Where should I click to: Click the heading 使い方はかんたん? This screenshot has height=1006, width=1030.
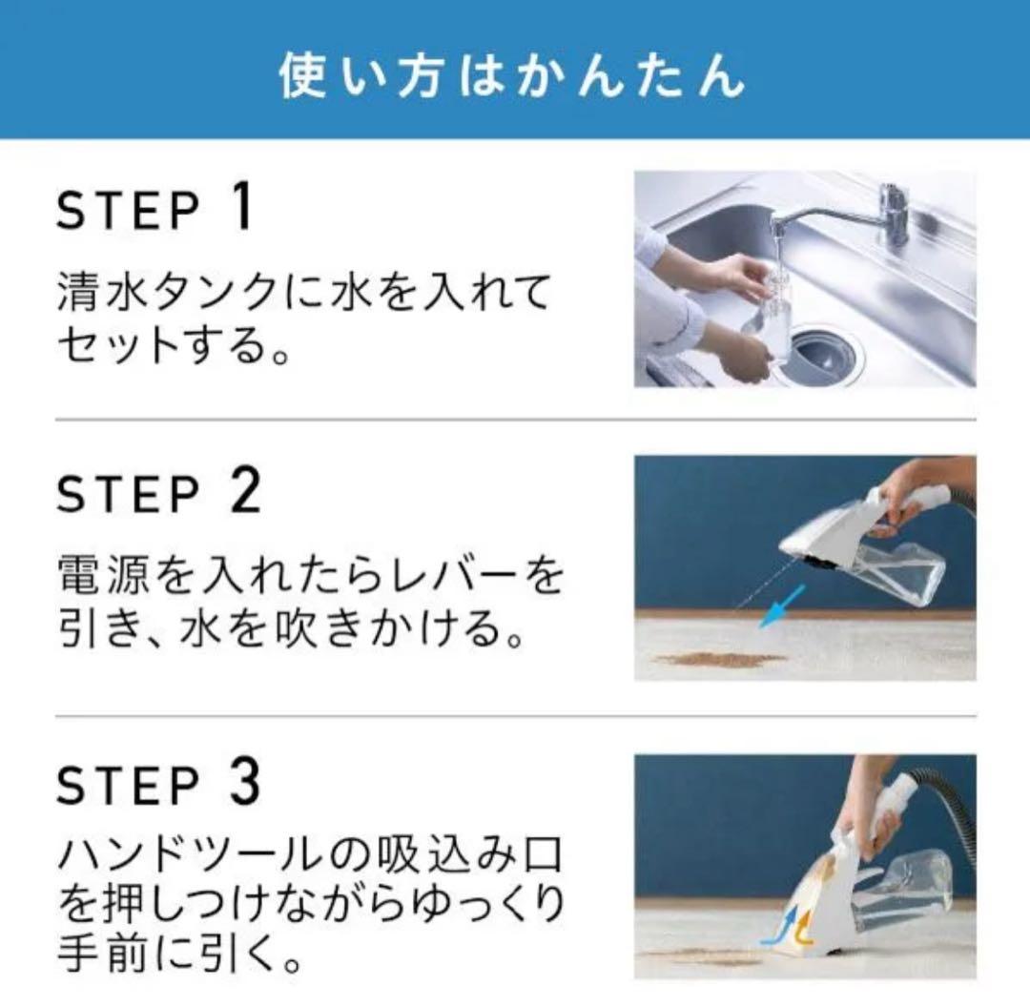pyautogui.click(x=512, y=74)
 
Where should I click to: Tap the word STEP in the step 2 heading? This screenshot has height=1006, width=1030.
pyautogui.click(x=128, y=494)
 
